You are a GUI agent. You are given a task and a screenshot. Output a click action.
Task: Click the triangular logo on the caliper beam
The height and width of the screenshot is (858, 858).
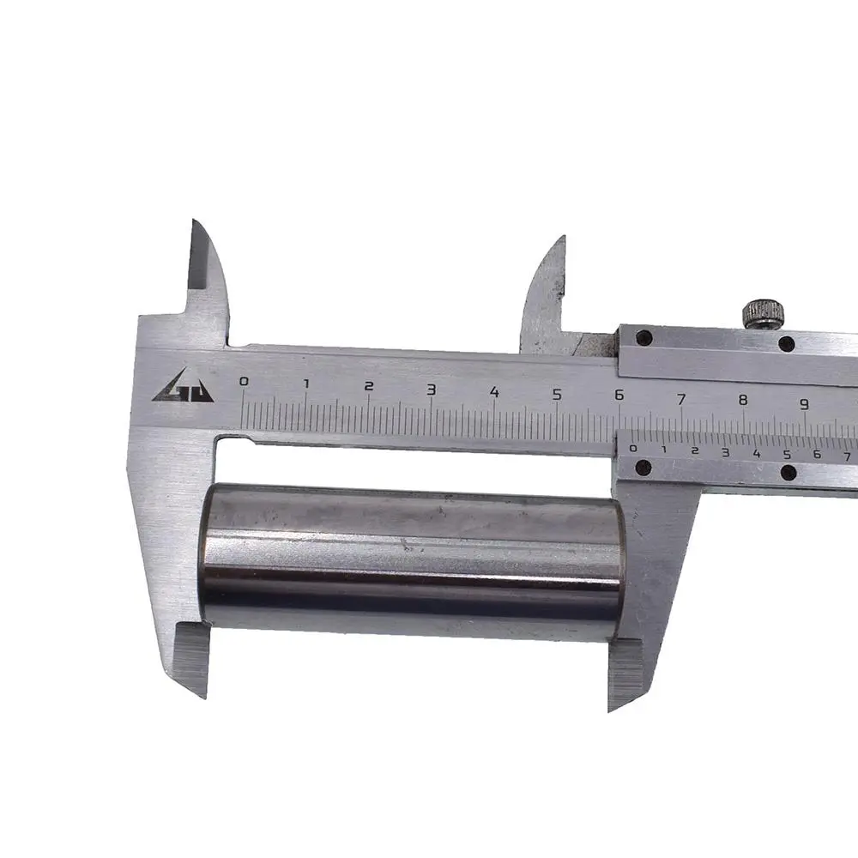(x=184, y=386)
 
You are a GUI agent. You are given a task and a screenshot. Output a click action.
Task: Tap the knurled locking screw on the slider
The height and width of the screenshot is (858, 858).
(x=764, y=314)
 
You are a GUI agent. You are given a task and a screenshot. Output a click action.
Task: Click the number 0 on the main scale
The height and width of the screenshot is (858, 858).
(x=244, y=382)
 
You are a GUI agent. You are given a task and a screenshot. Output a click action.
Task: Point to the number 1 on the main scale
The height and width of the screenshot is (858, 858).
(x=307, y=384)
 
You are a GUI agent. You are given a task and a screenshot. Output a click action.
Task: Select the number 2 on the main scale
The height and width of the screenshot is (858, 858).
(x=369, y=386)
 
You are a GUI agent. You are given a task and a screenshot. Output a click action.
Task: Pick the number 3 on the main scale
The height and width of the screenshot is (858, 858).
(x=432, y=390)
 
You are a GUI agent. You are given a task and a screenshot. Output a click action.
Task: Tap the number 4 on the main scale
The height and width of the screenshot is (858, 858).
(x=495, y=392)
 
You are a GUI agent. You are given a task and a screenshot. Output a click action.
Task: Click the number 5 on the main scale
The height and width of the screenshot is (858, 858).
(x=557, y=395)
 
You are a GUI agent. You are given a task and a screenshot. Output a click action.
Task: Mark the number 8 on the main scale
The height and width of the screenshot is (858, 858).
(x=743, y=400)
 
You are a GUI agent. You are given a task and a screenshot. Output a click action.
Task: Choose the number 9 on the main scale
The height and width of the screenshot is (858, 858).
(x=805, y=404)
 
